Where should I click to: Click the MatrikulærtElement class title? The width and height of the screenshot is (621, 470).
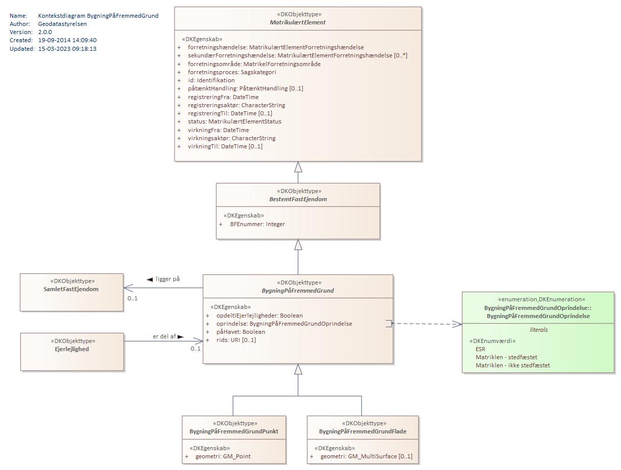tap(298, 22)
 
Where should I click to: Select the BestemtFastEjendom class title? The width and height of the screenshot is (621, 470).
tap(298, 199)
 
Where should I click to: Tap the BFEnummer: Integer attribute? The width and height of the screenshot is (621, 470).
tap(257, 224)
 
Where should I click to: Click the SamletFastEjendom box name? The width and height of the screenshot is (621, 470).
tap(72, 289)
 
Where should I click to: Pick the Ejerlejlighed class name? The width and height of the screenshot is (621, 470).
tap(72, 349)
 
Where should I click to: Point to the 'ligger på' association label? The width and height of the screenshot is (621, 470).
tap(167, 279)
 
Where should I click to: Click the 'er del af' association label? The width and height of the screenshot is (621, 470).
tap(164, 336)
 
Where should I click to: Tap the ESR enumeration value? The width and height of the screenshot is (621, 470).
tap(480, 349)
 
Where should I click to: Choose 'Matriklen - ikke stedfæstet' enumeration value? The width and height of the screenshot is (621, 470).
tap(512, 365)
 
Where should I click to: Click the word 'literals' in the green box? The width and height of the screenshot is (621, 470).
tap(539, 330)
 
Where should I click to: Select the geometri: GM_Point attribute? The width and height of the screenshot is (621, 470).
tap(223, 456)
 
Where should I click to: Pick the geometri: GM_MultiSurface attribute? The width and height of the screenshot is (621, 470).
tap(366, 456)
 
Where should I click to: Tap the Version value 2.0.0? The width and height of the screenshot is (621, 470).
tap(45, 32)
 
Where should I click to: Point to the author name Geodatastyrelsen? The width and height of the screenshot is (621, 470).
tap(62, 24)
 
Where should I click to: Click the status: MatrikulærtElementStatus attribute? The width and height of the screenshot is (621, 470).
tap(234, 121)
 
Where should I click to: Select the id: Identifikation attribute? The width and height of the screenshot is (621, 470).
tap(211, 80)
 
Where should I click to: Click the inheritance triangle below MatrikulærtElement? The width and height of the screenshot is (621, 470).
tap(298, 167)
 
